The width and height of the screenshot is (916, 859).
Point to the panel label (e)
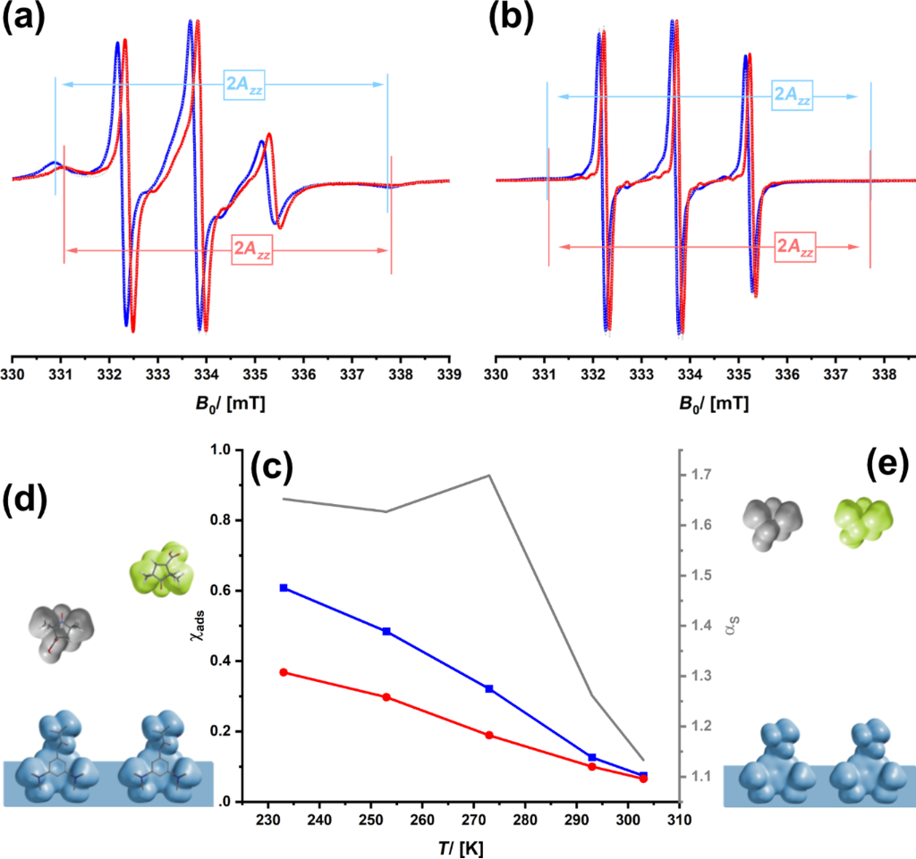[888, 465]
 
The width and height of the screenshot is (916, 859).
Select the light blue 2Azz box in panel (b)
[793, 96]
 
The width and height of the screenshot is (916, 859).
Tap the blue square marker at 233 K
[284, 588]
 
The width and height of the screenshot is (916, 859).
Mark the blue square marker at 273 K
[489, 688]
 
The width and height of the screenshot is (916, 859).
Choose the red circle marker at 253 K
[386, 697]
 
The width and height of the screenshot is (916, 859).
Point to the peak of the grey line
[489, 476]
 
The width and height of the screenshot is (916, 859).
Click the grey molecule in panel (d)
[59, 633]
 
